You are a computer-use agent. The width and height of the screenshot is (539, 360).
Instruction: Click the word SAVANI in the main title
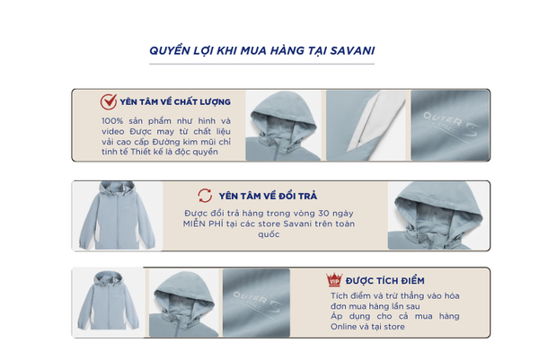pyautogui.click(x=352, y=51)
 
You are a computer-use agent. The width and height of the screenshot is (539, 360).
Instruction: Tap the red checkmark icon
pyautogui.click(x=109, y=101)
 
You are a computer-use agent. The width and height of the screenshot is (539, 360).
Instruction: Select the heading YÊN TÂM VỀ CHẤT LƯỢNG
pyautogui.click(x=175, y=102)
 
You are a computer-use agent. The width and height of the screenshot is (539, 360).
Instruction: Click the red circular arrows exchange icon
pyautogui.click(x=205, y=196)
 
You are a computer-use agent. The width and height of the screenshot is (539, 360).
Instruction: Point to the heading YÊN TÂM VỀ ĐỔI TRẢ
pyautogui.click(x=268, y=196)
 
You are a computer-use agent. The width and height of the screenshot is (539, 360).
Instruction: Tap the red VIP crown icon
pyautogui.click(x=334, y=280)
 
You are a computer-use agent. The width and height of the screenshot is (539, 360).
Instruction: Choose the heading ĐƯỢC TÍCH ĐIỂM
pyautogui.click(x=385, y=281)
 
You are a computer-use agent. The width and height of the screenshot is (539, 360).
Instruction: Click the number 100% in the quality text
pyautogui.click(x=112, y=121)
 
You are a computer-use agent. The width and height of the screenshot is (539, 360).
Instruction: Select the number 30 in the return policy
pyautogui.click(x=323, y=214)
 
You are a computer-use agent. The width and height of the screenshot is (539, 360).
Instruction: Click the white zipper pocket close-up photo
pyautogui.click(x=367, y=126)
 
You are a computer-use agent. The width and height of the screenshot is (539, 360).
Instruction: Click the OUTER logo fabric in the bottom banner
pyautogui.click(x=256, y=303)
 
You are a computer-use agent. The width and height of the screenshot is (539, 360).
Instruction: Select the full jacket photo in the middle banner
pyautogui.click(x=117, y=215)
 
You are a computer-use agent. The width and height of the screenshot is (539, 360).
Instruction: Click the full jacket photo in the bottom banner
pyautogui.click(x=109, y=303)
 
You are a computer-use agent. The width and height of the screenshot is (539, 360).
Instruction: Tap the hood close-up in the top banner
pyautogui.click(x=284, y=126)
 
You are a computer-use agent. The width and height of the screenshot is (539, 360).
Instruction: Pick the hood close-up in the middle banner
pyautogui.click(x=438, y=215)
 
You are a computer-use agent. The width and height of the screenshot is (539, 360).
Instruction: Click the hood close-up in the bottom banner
pyautogui.click(x=184, y=303)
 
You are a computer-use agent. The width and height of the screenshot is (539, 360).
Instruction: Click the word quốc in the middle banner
pyautogui.click(x=269, y=234)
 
